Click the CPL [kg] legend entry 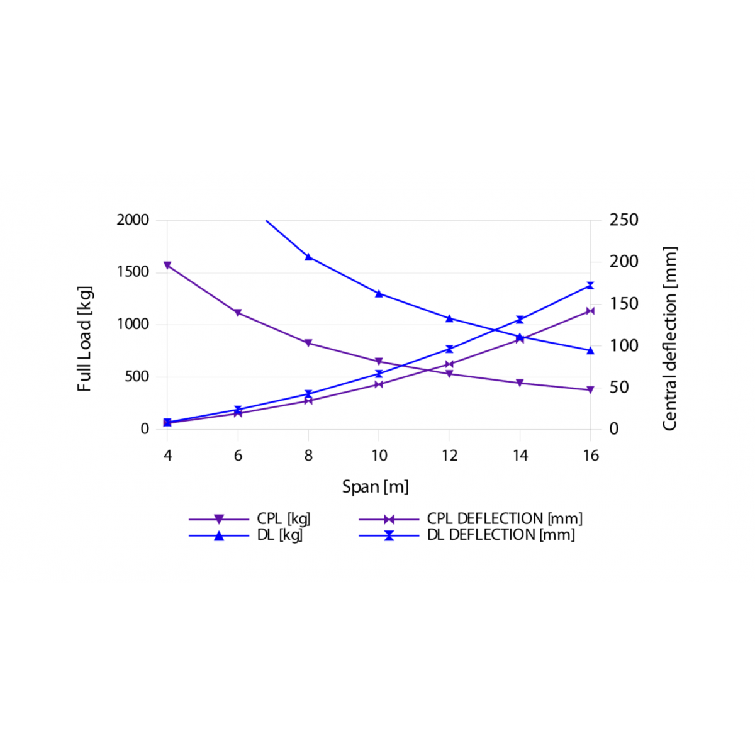click(283, 519)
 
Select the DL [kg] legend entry click(279, 535)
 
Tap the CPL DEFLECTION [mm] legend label click(505, 519)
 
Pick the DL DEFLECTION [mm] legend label click(501, 535)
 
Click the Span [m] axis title click(375, 487)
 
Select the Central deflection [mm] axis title click(669, 338)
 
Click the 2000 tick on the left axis click(133, 220)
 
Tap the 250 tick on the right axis click(624, 220)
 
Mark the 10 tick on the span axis click(379, 456)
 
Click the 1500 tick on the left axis click(133, 272)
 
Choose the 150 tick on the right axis click(624, 304)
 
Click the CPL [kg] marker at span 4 click(167, 266)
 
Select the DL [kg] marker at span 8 click(308, 257)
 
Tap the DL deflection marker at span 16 click(590, 286)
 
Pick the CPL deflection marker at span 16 click(590, 311)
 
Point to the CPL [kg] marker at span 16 click(590, 390)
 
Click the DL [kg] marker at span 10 click(379, 293)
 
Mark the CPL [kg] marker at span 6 click(238, 313)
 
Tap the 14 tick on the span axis click(520, 456)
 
